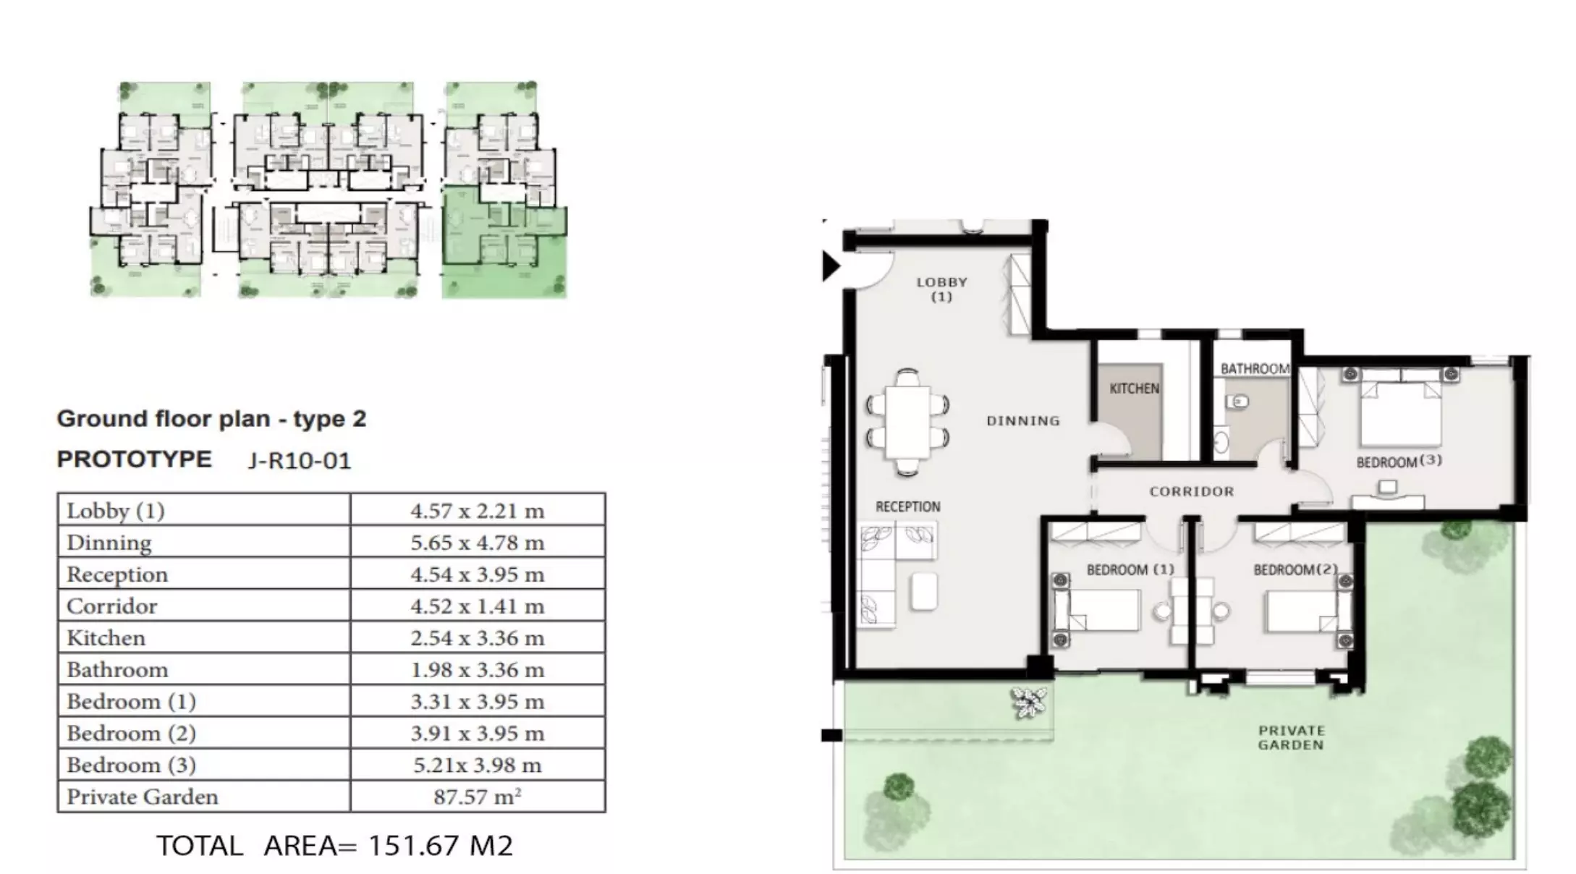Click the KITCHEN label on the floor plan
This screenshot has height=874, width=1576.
pyautogui.click(x=1134, y=389)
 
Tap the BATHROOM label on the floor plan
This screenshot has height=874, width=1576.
pyautogui.click(x=1255, y=368)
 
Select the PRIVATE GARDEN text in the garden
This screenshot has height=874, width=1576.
pyautogui.click(x=1291, y=737)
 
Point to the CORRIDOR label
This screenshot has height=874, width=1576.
pyautogui.click(x=1192, y=491)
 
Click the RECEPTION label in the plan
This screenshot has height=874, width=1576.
pyautogui.click(x=908, y=506)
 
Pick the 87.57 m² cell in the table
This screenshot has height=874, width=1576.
pyautogui.click(x=478, y=797)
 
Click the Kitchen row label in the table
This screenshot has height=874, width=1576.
pyautogui.click(x=106, y=637)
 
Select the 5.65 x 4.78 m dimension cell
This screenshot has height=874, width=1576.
pyautogui.click(x=478, y=542)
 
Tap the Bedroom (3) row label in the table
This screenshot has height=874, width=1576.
pyautogui.click(x=132, y=765)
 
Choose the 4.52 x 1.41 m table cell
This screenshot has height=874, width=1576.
pyautogui.click(x=478, y=606)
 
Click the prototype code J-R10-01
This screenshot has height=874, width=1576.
pyautogui.click(x=300, y=461)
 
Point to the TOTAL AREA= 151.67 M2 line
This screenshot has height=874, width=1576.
pyautogui.click(x=335, y=845)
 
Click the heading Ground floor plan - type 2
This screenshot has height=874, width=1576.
pyautogui.click(x=212, y=419)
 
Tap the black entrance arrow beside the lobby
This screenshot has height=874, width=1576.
pyautogui.click(x=831, y=266)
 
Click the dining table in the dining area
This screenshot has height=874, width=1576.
pyautogui.click(x=908, y=423)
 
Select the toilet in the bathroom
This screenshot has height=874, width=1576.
pyautogui.click(x=1238, y=400)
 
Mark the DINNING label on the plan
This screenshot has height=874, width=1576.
pyautogui.click(x=1023, y=420)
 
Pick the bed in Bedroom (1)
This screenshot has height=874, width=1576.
pyautogui.click(x=1097, y=609)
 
